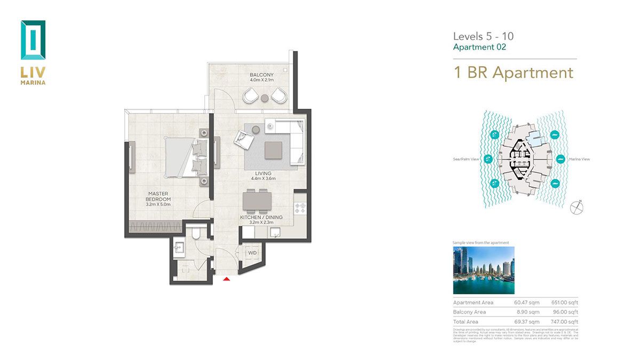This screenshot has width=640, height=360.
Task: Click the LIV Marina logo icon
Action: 33,40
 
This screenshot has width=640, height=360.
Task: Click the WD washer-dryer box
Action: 252,252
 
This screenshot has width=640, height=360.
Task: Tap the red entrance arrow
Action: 227,278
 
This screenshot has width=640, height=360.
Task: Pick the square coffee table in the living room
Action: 274,149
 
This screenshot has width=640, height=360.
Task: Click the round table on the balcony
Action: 264,98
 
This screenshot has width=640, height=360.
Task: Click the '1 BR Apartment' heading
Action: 513,73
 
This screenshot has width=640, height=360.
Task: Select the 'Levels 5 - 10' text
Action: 483,36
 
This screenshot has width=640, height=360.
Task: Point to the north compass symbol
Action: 577,207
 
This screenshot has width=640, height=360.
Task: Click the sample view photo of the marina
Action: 484,270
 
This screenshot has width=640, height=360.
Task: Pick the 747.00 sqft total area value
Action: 566,322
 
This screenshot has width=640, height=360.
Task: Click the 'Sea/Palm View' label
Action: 465,159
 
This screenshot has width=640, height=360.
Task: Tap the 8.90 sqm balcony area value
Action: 528,312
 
